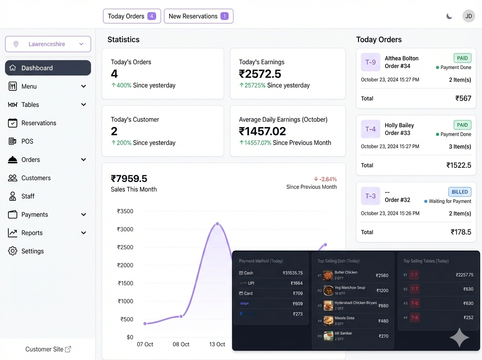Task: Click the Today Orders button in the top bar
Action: [x=132, y=16]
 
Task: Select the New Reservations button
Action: [x=198, y=16]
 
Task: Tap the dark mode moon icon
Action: [x=449, y=16]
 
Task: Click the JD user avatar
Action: [x=468, y=16]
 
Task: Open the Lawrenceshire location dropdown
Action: [x=48, y=44]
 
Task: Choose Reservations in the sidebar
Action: [x=39, y=123]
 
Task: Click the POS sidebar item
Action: [x=27, y=141]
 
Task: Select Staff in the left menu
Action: [x=28, y=196]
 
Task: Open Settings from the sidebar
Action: [x=32, y=251]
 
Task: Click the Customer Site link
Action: [x=48, y=349]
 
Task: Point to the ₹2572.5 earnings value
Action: [x=260, y=74]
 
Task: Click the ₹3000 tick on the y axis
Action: [x=125, y=229]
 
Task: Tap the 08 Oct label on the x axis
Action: [x=181, y=344]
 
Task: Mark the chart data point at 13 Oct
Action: [x=217, y=224]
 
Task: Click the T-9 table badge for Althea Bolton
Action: [x=370, y=62]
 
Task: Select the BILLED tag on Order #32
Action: [x=460, y=192]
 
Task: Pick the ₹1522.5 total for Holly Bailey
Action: [x=459, y=165]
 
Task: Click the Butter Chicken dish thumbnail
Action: [x=328, y=275]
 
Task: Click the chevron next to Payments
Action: [x=84, y=215]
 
